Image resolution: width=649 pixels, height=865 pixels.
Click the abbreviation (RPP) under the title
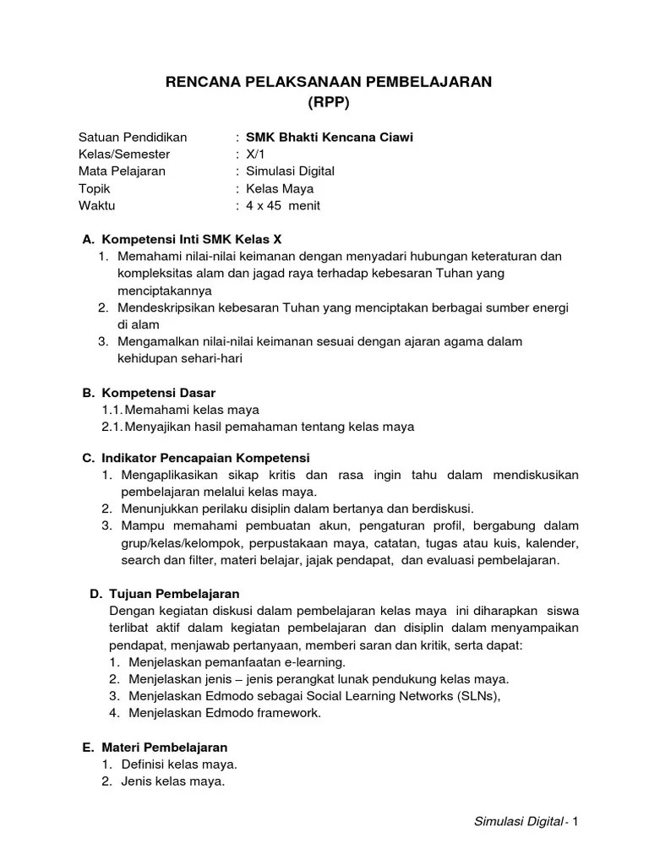click(325, 102)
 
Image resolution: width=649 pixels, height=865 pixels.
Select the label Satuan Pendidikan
click(133, 137)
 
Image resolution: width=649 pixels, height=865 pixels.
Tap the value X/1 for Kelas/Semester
click(255, 154)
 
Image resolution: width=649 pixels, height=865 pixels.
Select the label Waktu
click(97, 205)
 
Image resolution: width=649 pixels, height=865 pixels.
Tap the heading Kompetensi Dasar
click(159, 393)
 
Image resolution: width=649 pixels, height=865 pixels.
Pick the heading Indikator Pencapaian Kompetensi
click(206, 457)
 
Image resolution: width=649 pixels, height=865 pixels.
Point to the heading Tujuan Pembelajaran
click(171, 594)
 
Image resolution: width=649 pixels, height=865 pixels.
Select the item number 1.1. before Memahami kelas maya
click(112, 410)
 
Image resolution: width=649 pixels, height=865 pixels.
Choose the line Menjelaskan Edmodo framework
click(225, 713)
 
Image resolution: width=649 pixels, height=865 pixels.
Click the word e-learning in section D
click(313, 661)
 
